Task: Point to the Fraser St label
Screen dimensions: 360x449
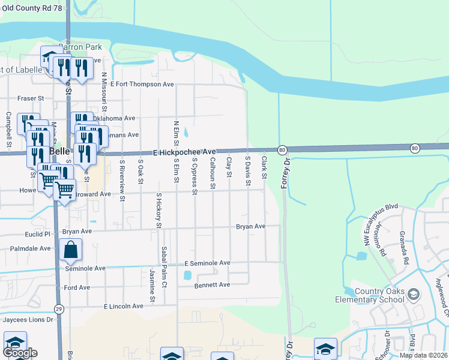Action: [x=31, y=97]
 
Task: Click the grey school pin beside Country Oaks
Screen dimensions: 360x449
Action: [x=413, y=294]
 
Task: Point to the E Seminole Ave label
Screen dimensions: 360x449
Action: [x=207, y=263]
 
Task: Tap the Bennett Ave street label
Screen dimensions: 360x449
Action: [x=212, y=284]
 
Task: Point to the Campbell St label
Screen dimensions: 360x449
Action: [x=9, y=129]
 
